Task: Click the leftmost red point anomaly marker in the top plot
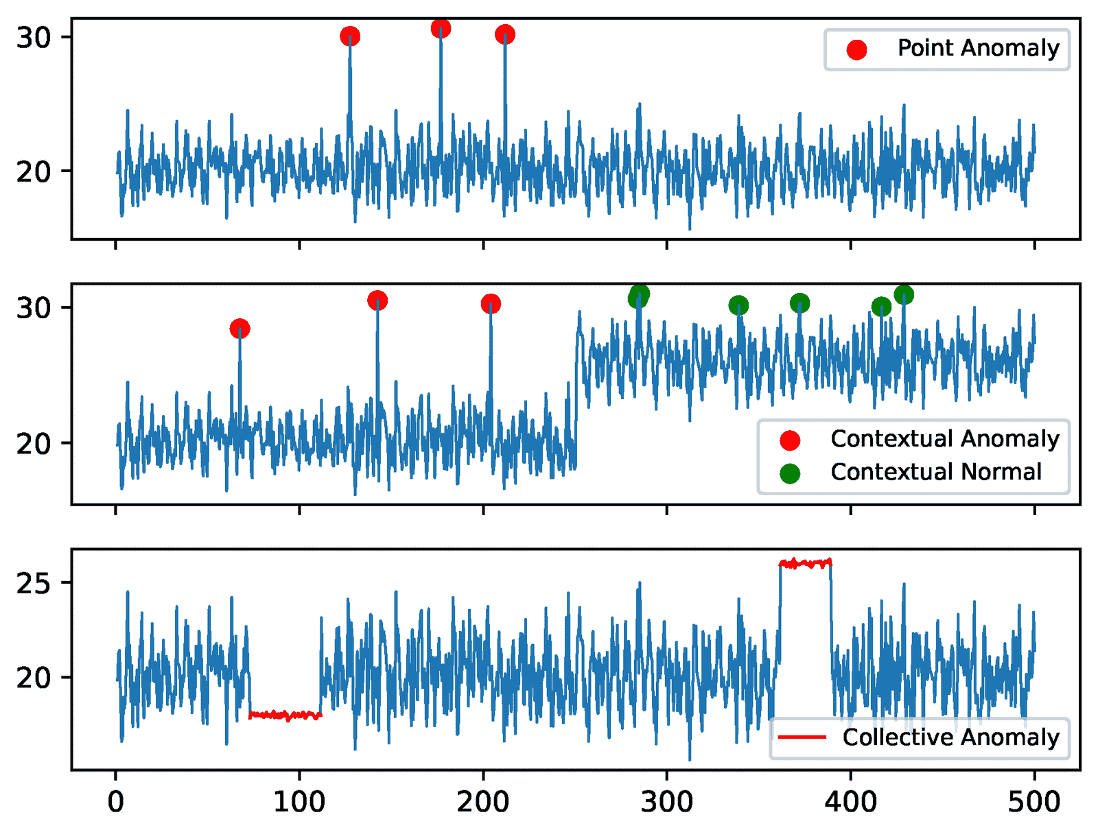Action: (x=350, y=36)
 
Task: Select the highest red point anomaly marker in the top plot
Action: (x=441, y=28)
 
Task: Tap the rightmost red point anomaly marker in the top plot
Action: (x=505, y=34)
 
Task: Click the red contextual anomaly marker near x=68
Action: (x=240, y=329)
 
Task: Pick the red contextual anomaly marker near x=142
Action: (x=377, y=300)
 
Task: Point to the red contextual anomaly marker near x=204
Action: (x=491, y=304)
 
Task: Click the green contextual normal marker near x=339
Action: (x=738, y=305)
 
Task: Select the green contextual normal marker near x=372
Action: (x=799, y=303)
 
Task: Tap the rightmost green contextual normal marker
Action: (x=904, y=295)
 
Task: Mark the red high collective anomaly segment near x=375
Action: (x=806, y=564)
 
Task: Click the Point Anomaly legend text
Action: (x=978, y=48)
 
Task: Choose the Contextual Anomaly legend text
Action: (x=944, y=439)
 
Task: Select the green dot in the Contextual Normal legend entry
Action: (x=790, y=473)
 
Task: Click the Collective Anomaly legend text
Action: (x=950, y=737)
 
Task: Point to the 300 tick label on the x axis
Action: (x=666, y=801)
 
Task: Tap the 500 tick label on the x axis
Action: (x=1033, y=801)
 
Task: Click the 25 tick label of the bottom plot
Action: (x=34, y=583)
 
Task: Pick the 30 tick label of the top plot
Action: (x=34, y=38)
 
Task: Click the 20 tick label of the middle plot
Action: (x=34, y=444)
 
